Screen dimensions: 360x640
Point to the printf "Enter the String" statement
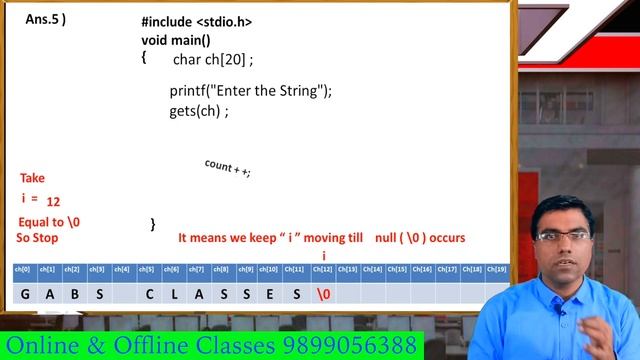tap(250, 91)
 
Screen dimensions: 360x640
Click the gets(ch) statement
tap(199, 110)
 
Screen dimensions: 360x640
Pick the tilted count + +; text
tap(227, 167)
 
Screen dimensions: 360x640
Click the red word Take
tap(32, 178)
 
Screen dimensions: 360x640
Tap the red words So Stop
tap(37, 238)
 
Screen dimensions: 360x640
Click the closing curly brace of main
tap(153, 225)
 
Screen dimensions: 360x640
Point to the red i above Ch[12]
tap(324, 256)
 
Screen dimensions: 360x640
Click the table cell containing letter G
tap(24, 294)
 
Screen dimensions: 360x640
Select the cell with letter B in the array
tap(74, 294)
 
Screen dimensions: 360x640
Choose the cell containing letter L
tap(173, 294)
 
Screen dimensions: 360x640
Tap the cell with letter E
tap(272, 294)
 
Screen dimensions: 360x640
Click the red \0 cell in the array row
tap(323, 294)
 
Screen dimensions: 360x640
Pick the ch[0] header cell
tap(23, 269)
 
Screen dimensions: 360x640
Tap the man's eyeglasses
tap(563, 236)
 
